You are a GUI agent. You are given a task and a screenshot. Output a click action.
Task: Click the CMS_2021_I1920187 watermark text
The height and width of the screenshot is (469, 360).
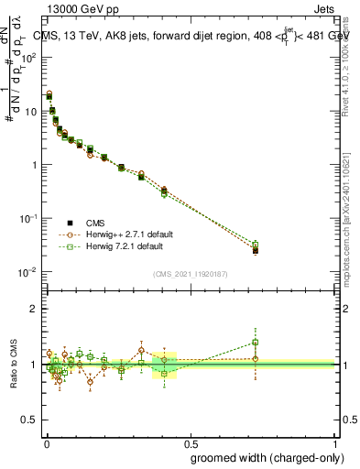coord(189,273)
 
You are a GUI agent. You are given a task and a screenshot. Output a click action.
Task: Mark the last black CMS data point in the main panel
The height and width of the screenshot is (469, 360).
coord(256,249)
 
